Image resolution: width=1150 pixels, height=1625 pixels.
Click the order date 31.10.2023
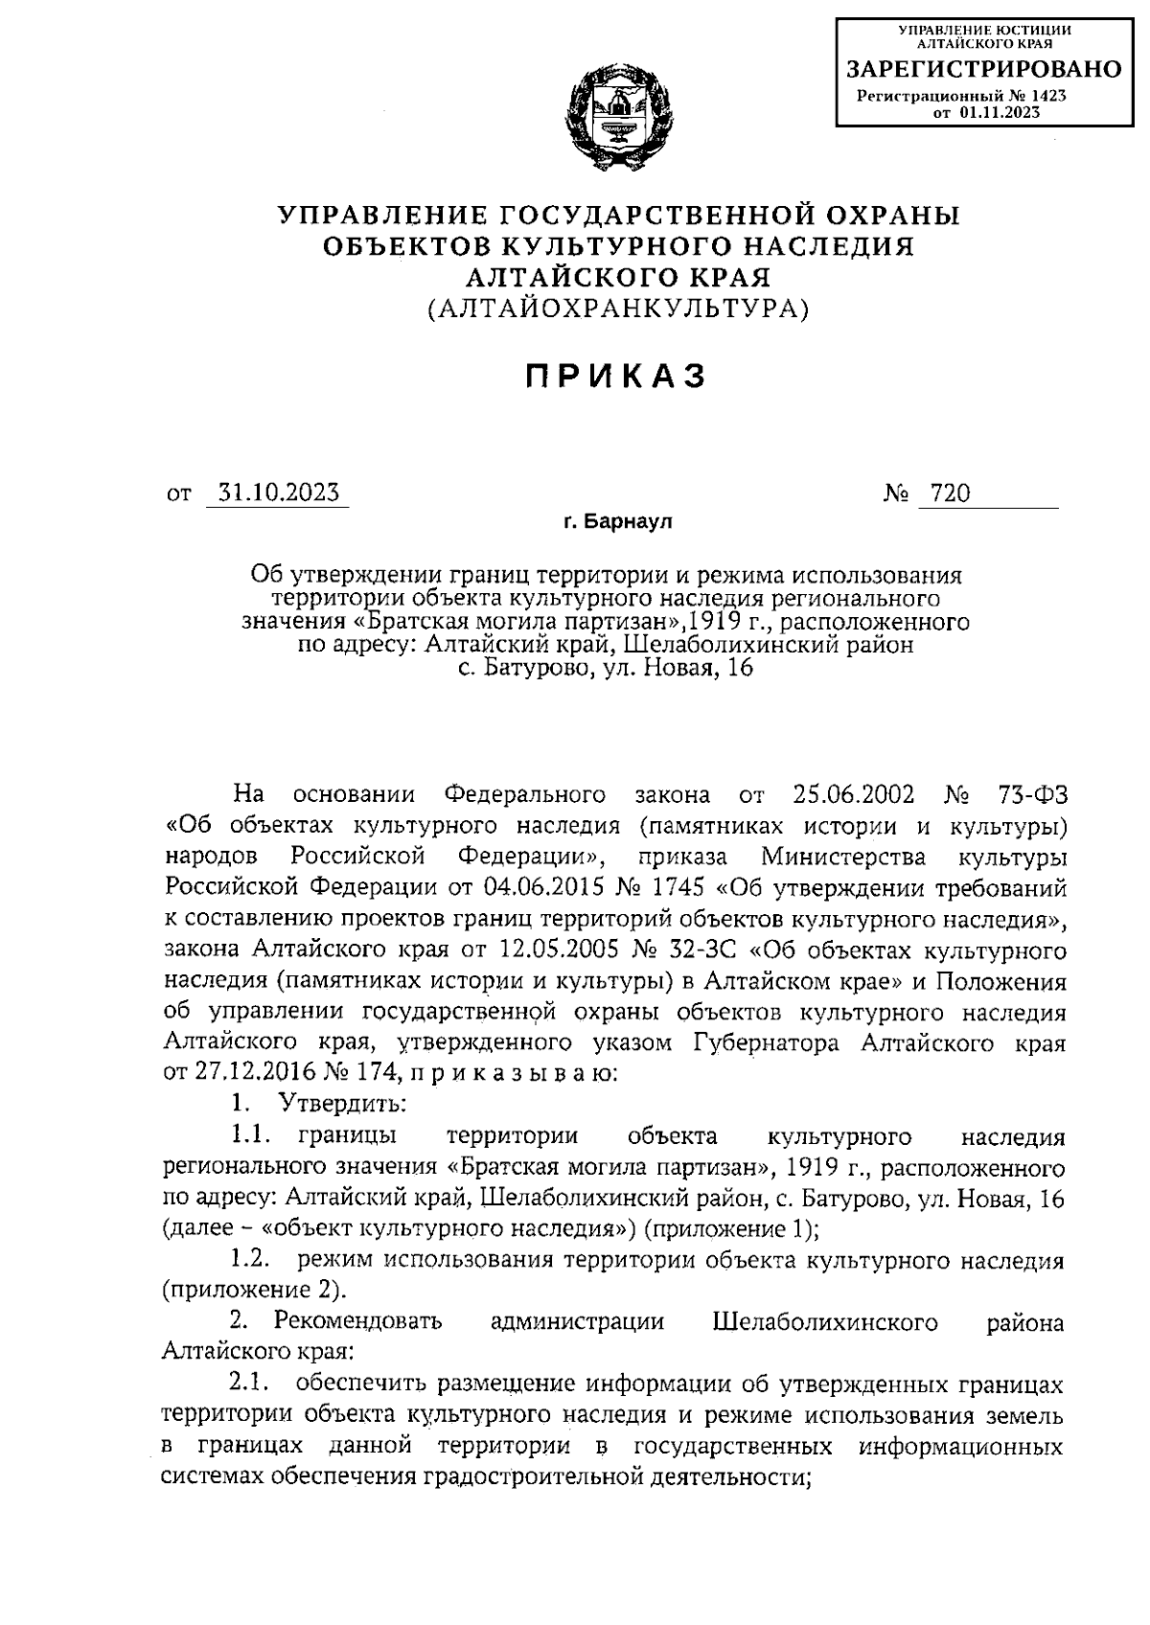coord(279,492)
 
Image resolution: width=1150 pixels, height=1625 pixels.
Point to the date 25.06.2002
coord(854,795)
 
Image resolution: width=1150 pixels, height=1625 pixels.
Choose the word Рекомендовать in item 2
coord(358,1322)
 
